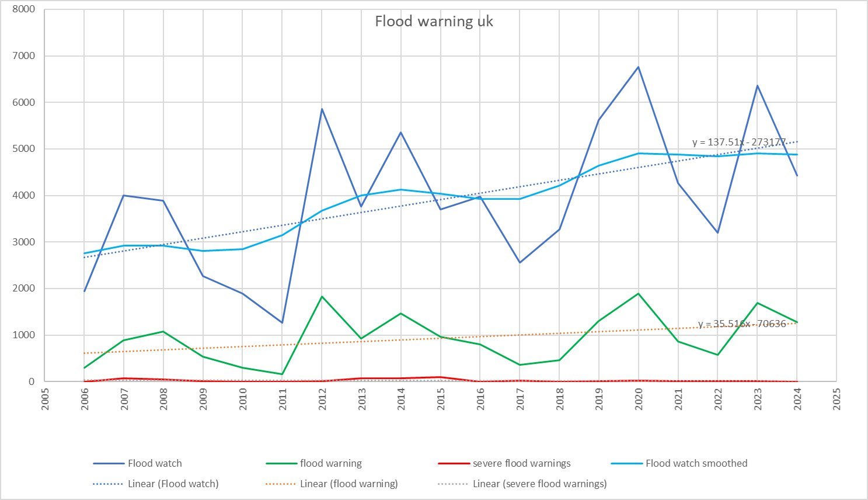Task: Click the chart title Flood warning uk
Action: click(434, 22)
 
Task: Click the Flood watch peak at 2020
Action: click(639, 67)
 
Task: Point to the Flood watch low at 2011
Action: click(283, 322)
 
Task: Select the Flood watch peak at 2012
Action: click(322, 109)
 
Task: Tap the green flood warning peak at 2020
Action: click(639, 294)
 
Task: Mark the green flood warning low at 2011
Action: click(283, 374)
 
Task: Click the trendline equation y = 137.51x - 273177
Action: click(738, 142)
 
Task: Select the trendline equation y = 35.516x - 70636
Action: click(742, 324)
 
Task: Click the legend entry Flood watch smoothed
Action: click(696, 463)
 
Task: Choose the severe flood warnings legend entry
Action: click(521, 463)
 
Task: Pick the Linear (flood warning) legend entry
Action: click(348, 484)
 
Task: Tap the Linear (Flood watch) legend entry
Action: click(173, 484)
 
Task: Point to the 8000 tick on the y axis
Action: click(24, 9)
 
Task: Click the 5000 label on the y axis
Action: click(24, 149)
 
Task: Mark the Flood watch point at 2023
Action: click(758, 86)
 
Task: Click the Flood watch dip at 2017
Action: click(520, 262)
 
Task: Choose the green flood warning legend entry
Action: click(330, 463)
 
